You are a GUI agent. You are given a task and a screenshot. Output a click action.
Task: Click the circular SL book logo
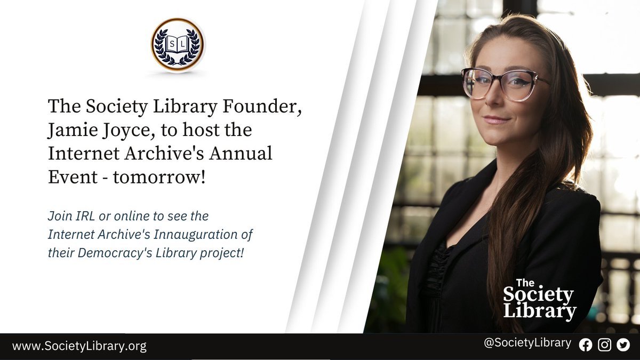(178, 45)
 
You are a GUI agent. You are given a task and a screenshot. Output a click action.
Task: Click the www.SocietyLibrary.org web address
(79, 346)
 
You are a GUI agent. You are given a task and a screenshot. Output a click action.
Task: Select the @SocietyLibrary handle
(527, 343)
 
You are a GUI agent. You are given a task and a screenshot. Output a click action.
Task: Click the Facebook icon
(586, 345)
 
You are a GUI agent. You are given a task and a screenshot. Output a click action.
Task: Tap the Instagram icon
(604, 345)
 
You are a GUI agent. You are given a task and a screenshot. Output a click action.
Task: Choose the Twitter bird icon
(623, 345)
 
